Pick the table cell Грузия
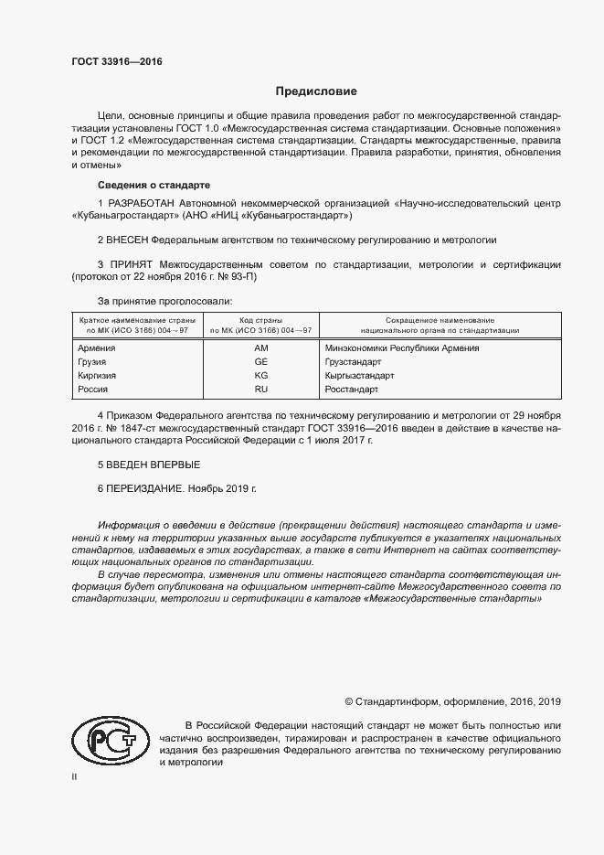[x=94, y=362]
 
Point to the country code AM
[x=260, y=348]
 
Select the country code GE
[x=260, y=362]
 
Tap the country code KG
[x=260, y=376]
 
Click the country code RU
[x=260, y=390]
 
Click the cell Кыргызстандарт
[x=360, y=376]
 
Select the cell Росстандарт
[x=352, y=390]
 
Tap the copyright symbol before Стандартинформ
[x=349, y=702]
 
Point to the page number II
[x=74, y=776]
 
